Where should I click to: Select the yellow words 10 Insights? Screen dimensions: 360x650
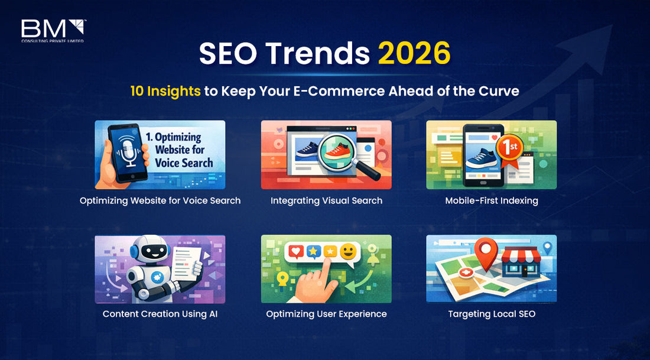coord(165,92)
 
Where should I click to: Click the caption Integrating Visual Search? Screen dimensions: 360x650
coord(326,200)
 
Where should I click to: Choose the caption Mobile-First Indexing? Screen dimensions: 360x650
coord(492,200)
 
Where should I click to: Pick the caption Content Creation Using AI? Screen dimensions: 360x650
coord(160,314)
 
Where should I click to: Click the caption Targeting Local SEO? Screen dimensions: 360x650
coord(492,314)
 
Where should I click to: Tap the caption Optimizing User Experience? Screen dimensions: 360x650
coord(326,314)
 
